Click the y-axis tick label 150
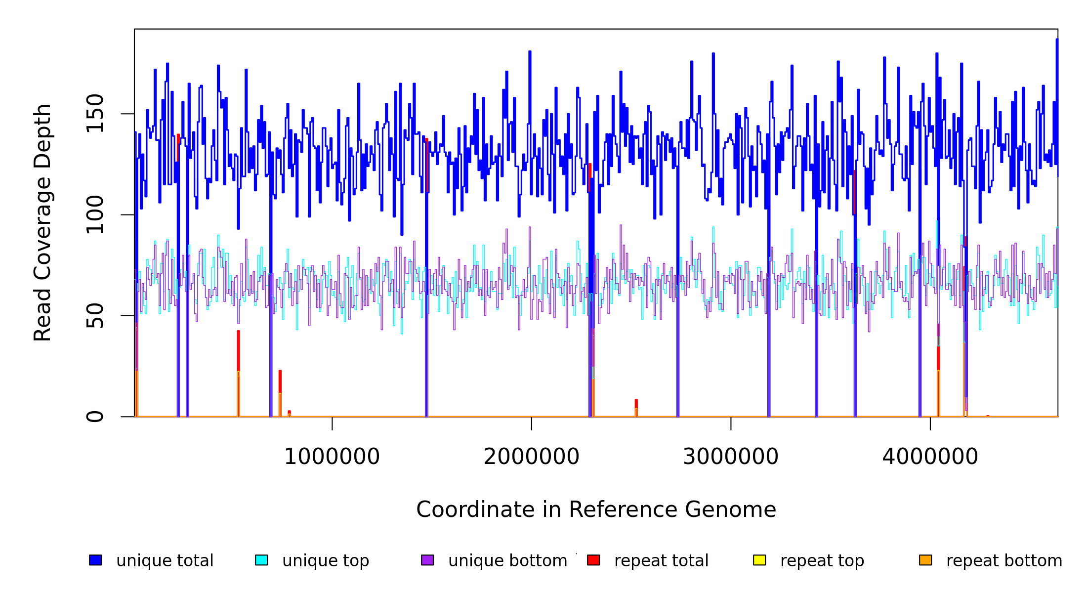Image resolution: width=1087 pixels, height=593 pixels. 95,114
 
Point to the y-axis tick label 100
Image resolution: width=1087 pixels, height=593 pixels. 95,214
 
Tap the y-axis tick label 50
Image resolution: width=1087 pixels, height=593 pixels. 95,316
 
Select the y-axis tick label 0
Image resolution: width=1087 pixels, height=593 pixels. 95,417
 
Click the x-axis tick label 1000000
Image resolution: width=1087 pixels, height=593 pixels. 332,457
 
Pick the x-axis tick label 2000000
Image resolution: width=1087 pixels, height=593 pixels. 531,457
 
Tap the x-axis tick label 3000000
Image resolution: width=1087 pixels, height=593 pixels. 730,457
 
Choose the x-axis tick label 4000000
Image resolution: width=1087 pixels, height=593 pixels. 930,457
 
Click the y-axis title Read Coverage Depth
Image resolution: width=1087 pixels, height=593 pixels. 42,222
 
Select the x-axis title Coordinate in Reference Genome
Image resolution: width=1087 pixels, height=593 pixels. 596,509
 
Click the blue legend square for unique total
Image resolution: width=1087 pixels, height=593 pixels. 95,560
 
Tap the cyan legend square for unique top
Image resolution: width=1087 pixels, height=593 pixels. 261,560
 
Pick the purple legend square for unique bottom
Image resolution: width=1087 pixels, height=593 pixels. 427,560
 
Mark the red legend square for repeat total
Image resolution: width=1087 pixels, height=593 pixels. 593,560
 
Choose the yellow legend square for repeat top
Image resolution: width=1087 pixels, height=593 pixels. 759,560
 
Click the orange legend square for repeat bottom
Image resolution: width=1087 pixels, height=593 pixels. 925,560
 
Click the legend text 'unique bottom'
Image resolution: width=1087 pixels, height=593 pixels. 507,561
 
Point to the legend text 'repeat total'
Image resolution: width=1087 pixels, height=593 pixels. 661,561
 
